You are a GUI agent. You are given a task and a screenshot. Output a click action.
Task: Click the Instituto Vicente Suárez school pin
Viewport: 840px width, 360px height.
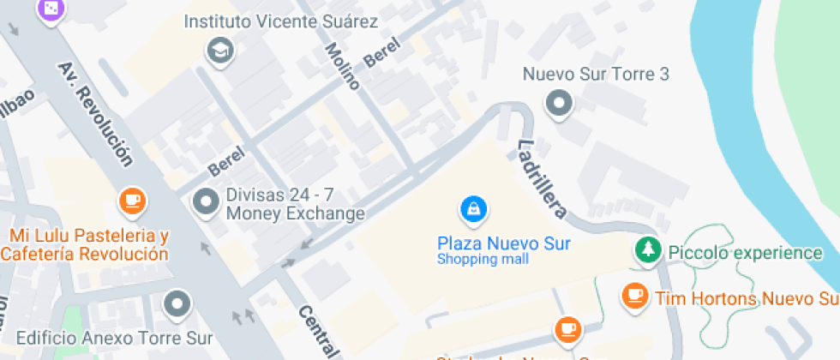click(x=220, y=51)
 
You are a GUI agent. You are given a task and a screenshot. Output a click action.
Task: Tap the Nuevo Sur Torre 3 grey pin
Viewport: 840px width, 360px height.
click(x=559, y=105)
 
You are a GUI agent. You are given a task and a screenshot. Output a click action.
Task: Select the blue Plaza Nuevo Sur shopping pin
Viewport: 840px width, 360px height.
click(x=473, y=208)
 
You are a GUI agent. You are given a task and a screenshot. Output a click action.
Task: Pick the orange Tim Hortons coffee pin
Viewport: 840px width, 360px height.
click(x=633, y=296)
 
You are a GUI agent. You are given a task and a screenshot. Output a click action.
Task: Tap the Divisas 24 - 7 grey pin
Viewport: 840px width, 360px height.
click(x=206, y=203)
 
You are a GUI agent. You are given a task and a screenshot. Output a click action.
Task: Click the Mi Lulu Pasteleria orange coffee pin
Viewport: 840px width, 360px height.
click(x=131, y=201)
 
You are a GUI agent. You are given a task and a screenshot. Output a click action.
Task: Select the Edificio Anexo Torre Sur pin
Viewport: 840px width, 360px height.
click(x=177, y=303)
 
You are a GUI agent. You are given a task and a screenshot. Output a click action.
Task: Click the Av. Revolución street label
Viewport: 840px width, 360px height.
click(x=95, y=113)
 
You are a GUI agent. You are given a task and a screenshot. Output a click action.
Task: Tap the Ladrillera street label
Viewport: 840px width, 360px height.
click(x=543, y=178)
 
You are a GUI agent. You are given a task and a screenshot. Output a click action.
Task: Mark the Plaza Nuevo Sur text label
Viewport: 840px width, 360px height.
click(x=503, y=243)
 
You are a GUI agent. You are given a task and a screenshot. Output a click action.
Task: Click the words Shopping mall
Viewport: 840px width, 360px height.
click(x=483, y=260)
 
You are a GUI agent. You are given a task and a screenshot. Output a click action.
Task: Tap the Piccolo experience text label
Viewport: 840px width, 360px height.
click(x=745, y=253)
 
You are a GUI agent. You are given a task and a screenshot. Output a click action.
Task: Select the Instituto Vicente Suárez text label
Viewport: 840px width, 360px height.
click(x=281, y=21)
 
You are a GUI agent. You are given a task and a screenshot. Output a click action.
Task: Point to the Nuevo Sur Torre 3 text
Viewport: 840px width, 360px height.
click(x=596, y=75)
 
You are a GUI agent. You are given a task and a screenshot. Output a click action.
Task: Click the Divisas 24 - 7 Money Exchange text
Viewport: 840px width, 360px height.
click(x=295, y=204)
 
